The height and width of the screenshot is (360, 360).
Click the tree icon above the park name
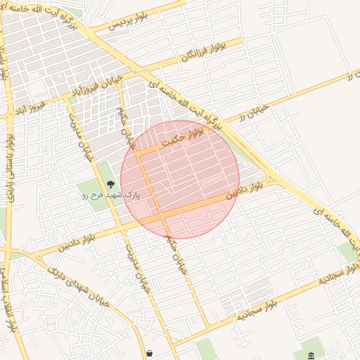[x=110, y=184]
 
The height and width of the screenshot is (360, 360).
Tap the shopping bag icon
[x=149, y=353]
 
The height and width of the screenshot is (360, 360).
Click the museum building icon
[x=312, y=354]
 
